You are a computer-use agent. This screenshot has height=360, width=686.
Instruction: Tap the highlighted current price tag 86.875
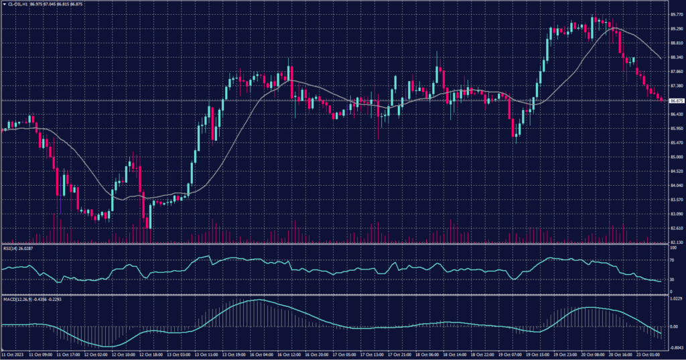tap(676, 101)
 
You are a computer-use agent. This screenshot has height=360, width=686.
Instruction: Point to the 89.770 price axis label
tap(676, 14)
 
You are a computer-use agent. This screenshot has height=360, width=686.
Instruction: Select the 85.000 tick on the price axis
tap(676, 158)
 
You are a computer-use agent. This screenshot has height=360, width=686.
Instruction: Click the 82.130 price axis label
tap(676, 243)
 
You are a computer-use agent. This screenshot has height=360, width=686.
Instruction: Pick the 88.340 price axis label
tap(676, 57)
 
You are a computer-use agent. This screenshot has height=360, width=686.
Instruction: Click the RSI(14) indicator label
tap(10, 248)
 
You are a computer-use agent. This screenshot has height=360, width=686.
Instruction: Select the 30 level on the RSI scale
tap(672, 280)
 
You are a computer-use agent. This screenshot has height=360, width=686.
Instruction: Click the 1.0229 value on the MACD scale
tap(675, 299)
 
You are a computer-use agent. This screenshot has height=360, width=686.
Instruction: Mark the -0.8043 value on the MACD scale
tap(675, 348)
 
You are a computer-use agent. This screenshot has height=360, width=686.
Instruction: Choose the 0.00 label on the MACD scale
tap(673, 326)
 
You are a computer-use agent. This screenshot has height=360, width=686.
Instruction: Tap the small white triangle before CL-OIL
tap(3, 5)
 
